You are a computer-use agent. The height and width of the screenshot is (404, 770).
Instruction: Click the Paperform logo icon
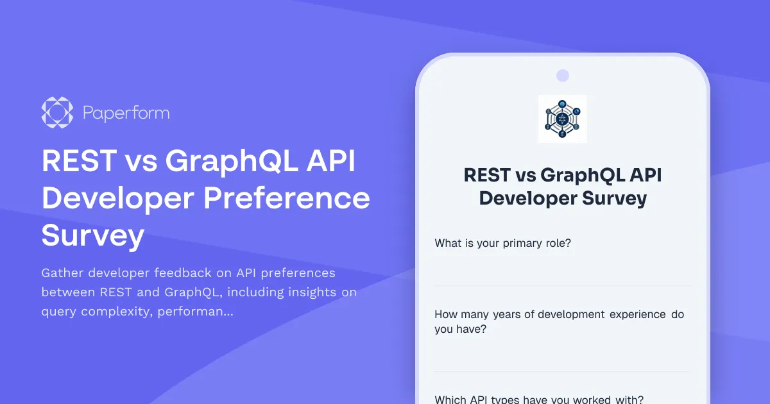point(56,113)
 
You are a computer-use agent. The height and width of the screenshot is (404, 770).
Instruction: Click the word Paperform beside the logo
point(126,114)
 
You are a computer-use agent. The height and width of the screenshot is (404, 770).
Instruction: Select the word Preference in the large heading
point(287,199)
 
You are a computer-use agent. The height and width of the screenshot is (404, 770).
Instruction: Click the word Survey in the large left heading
point(92,236)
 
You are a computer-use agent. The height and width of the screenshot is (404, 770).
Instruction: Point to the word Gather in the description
point(63,273)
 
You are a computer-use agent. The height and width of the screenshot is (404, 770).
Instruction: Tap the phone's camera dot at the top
point(562,76)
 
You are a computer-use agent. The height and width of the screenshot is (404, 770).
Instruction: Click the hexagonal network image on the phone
point(562,119)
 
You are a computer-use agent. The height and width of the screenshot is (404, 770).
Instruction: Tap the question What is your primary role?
point(502,243)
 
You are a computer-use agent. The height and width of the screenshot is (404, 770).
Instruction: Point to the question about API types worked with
point(539,399)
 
